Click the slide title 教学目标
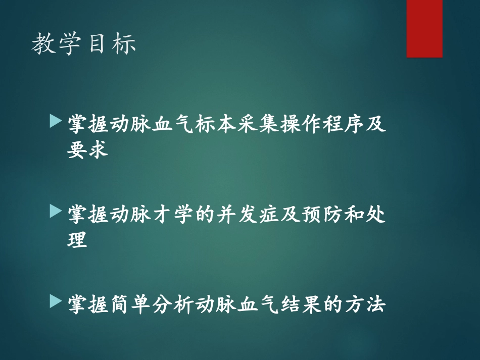84,44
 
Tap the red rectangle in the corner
424,28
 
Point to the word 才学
160,215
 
